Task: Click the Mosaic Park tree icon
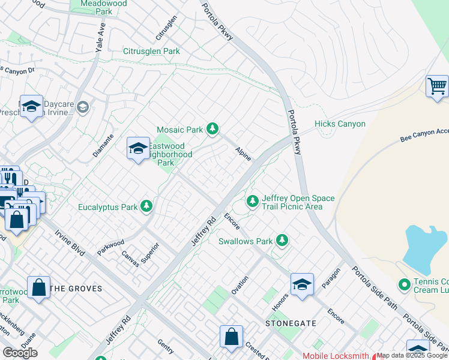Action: pos(212,128)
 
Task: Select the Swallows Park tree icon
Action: pos(282,241)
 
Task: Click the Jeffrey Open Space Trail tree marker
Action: pos(253,201)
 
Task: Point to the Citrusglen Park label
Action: pos(151,52)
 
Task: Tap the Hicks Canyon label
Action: pos(340,124)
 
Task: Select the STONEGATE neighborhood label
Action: pos(291,323)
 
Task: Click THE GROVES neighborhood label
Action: pos(76,289)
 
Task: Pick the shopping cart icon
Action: pos(437,86)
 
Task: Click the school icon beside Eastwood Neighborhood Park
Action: pos(138,148)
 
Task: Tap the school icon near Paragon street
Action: pos(302,284)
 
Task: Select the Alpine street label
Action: pos(243,153)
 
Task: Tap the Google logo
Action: pos(20,352)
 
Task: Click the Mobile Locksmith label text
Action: pos(336,356)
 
